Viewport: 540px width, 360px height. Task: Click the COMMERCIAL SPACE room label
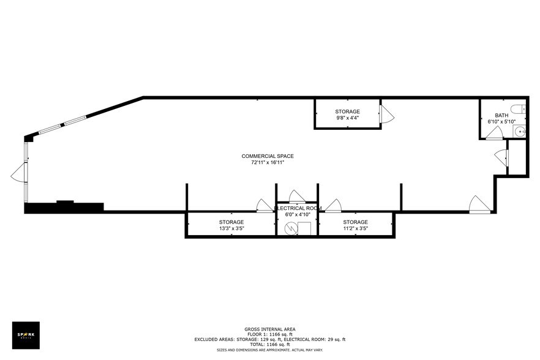[268, 156]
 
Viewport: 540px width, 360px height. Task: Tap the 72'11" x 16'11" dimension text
[268, 163]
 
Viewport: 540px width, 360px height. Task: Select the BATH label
[501, 115]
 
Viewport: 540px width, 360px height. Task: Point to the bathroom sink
[520, 131]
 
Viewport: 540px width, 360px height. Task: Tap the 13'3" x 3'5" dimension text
[231, 228]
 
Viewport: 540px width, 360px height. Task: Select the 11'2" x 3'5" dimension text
[355, 228]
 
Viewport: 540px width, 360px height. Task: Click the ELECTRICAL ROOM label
[298, 208]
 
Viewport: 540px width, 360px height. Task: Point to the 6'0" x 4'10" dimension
[298, 214]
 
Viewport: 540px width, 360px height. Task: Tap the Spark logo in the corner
[26, 335]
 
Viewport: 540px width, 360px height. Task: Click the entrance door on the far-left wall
[18, 176]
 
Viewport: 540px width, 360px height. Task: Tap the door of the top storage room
[386, 113]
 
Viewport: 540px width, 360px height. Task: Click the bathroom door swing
[493, 136]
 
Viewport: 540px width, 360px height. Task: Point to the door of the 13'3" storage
[264, 206]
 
